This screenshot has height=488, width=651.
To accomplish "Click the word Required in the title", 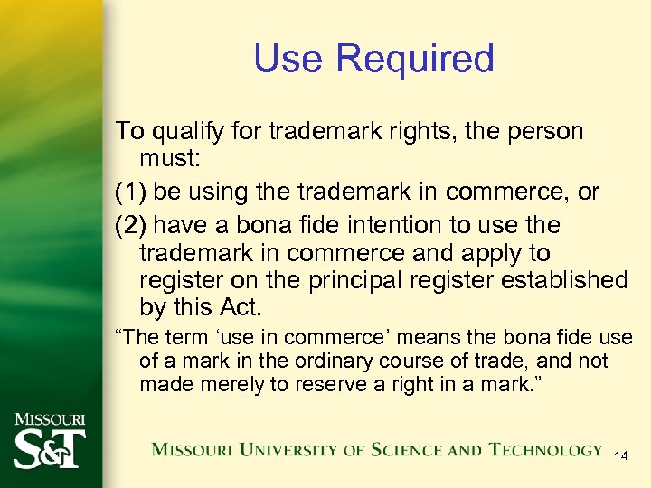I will (x=415, y=59).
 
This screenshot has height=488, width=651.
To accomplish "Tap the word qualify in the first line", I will (x=184, y=132).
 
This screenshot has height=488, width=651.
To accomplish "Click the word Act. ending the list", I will (x=240, y=308).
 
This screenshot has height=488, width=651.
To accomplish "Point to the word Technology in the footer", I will (x=545, y=450).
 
